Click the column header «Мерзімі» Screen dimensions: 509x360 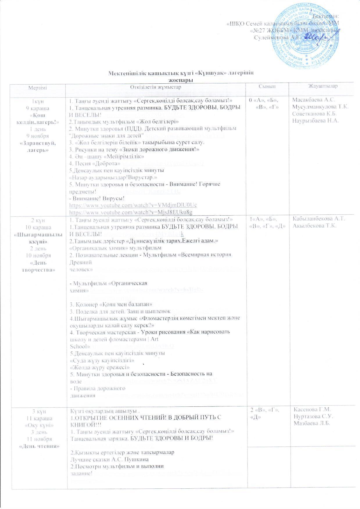coord(37,87)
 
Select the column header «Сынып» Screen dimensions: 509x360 coord(267,87)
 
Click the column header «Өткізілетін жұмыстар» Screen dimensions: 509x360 coord(155,87)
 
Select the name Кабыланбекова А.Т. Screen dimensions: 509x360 coord(319,218)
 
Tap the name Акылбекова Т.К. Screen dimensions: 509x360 coord(314,226)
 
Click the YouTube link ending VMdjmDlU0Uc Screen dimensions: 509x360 coord(133,205)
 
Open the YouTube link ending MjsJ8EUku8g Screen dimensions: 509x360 coord(131,212)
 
